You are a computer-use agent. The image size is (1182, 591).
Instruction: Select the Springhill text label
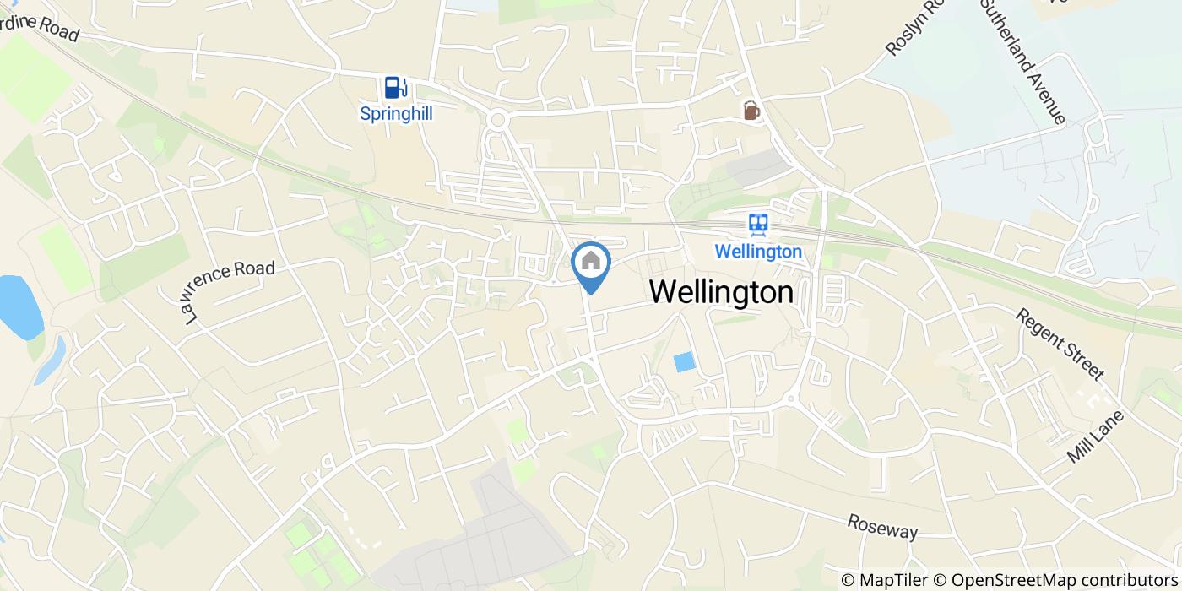[396, 113]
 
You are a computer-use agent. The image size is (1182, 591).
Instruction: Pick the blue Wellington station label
[757, 252]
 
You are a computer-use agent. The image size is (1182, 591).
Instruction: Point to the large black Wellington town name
[722, 292]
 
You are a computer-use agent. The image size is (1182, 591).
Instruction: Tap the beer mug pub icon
[751, 111]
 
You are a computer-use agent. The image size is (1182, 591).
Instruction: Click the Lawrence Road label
[229, 291]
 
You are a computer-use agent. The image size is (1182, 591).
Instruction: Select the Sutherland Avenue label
[1022, 62]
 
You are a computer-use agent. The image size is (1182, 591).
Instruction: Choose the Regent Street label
[1060, 344]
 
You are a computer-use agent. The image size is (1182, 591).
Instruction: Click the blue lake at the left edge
[19, 306]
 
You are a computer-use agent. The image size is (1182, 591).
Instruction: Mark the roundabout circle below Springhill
[496, 121]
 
